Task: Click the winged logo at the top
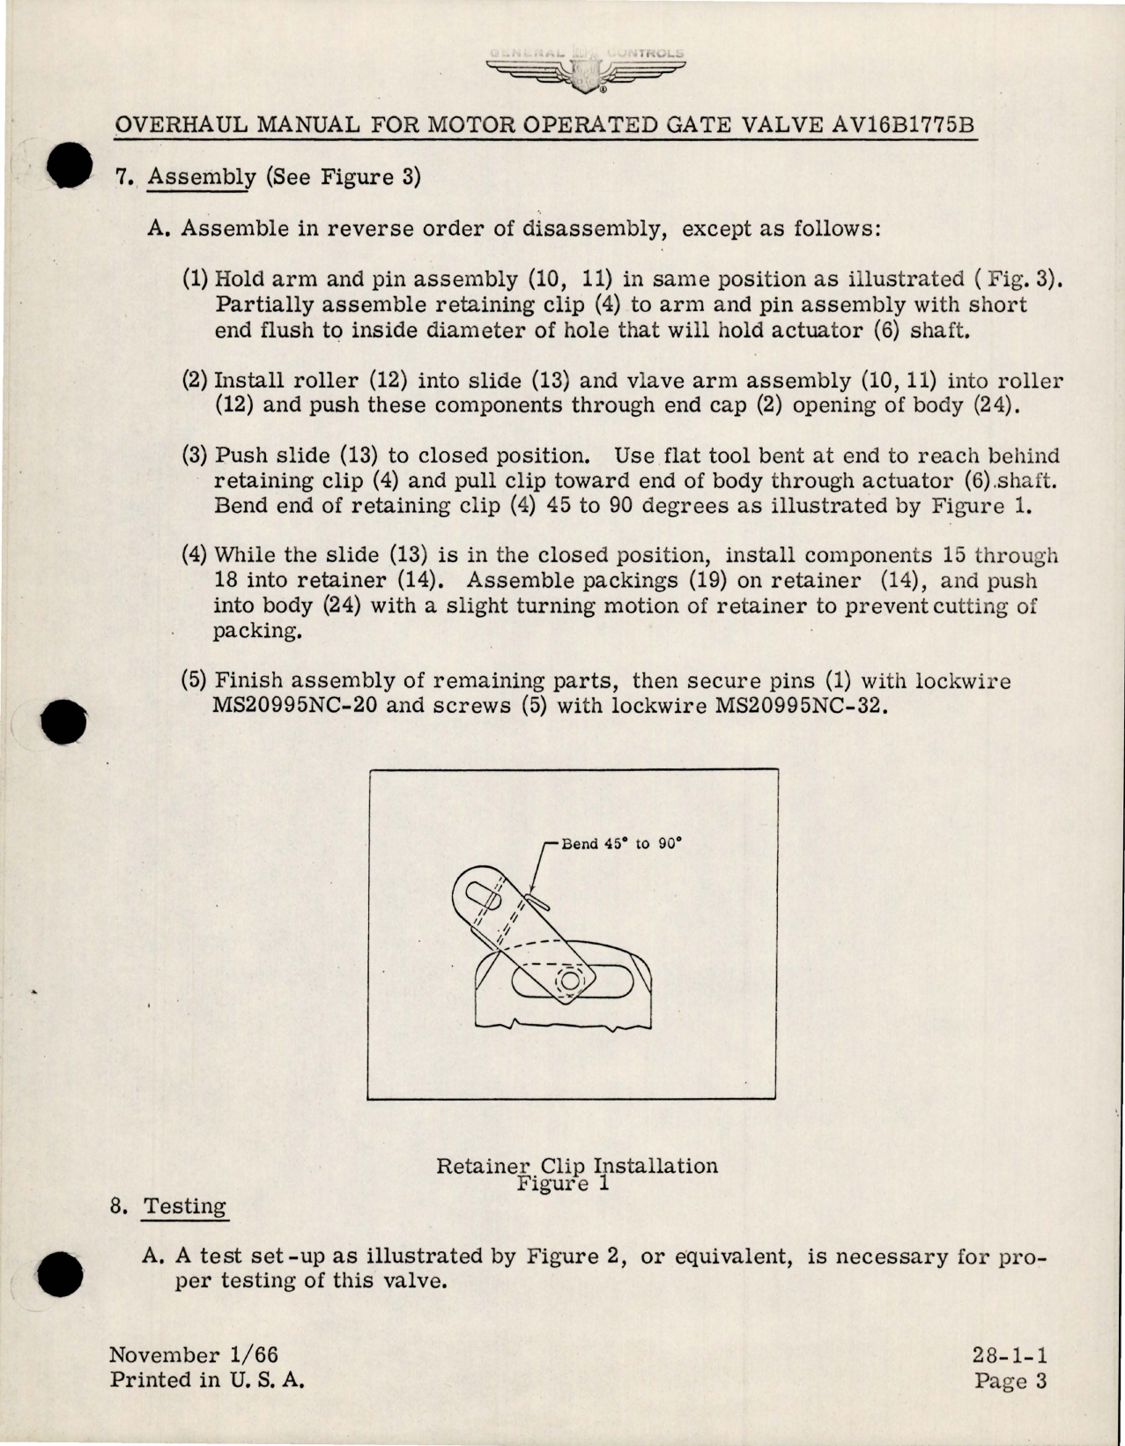(x=585, y=70)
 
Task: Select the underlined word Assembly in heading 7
(x=200, y=177)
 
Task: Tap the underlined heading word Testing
(x=185, y=1206)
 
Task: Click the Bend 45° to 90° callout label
(x=622, y=843)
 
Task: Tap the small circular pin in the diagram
(x=569, y=980)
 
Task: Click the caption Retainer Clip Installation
(x=577, y=1166)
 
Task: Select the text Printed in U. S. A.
(x=207, y=1381)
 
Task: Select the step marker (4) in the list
(x=195, y=556)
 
